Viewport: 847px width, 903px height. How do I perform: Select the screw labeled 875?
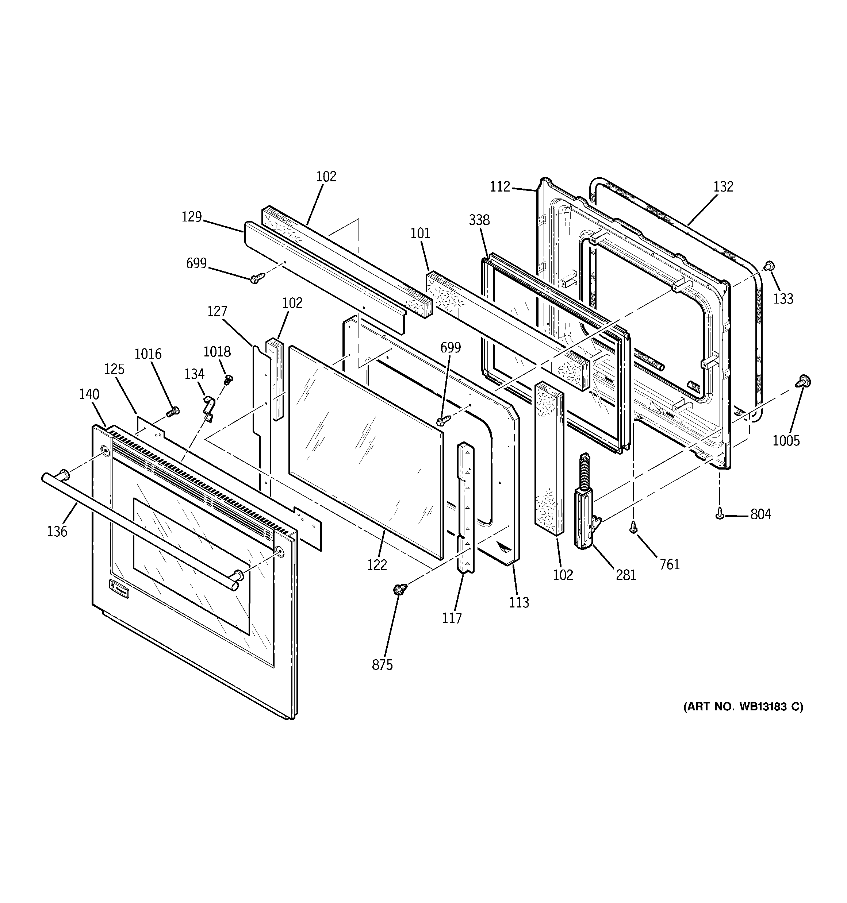pyautogui.click(x=400, y=589)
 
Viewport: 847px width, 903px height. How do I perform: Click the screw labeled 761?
pyautogui.click(x=633, y=528)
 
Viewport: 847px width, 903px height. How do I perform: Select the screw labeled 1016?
pyautogui.click(x=173, y=412)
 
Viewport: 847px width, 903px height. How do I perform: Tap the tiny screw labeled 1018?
pyautogui.click(x=228, y=378)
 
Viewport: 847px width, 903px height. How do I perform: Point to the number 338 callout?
pyautogui.click(x=479, y=220)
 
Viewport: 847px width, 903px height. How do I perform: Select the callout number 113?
pyautogui.click(x=519, y=602)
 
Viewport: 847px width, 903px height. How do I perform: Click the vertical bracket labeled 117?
pyautogui.click(x=466, y=509)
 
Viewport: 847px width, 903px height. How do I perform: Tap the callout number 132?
pyautogui.click(x=723, y=187)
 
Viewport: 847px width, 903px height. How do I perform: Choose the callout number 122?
pyautogui.click(x=377, y=564)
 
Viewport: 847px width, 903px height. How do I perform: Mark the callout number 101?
pyautogui.click(x=420, y=234)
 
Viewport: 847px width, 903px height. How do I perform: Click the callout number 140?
pyautogui.click(x=89, y=394)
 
